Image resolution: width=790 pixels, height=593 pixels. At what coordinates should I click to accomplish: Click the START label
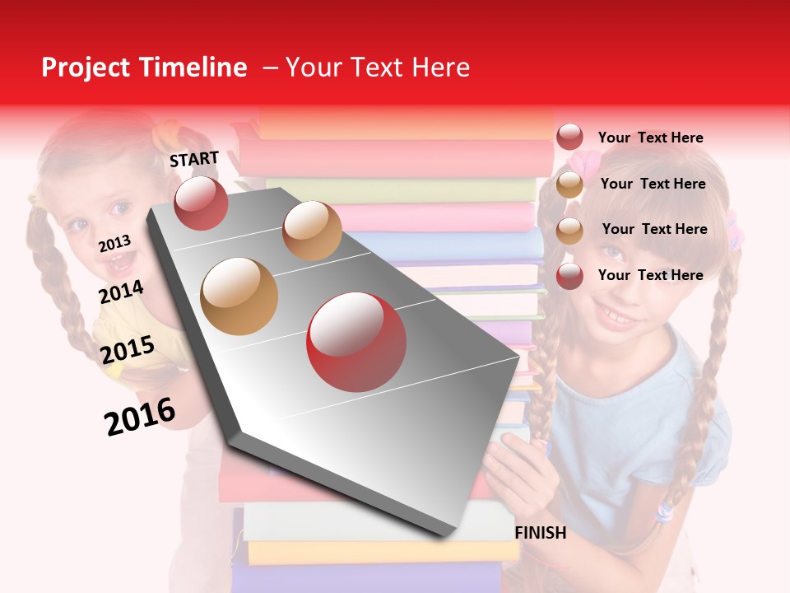(x=194, y=159)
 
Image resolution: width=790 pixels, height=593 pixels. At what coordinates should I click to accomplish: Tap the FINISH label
(x=540, y=533)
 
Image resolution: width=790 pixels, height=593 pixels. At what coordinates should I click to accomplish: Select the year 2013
(x=114, y=244)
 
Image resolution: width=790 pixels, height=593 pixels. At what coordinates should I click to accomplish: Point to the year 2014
(x=122, y=292)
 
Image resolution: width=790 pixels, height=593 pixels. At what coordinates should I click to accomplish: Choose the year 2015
(x=127, y=350)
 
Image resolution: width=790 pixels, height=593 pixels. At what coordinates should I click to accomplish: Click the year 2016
(x=140, y=416)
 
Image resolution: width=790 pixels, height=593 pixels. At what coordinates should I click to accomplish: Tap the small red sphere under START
(x=201, y=203)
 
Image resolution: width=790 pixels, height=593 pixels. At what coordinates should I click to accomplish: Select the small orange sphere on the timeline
(x=312, y=231)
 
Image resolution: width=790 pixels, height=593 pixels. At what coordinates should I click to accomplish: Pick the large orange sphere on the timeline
(x=239, y=296)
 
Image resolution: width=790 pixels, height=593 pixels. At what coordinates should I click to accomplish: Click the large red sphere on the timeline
(x=356, y=342)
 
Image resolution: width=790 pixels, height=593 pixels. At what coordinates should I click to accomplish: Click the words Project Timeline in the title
(x=144, y=68)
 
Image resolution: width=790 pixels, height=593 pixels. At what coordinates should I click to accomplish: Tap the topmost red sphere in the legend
(x=569, y=138)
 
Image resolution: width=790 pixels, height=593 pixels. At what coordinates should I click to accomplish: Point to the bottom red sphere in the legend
(x=569, y=276)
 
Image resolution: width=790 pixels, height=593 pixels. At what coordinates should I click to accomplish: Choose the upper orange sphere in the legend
(x=569, y=184)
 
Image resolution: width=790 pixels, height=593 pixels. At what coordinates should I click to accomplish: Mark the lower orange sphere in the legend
(x=569, y=231)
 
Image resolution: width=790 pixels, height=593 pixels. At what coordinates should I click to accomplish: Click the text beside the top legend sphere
(x=650, y=138)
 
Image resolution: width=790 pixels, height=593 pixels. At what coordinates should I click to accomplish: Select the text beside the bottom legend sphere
(x=650, y=275)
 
